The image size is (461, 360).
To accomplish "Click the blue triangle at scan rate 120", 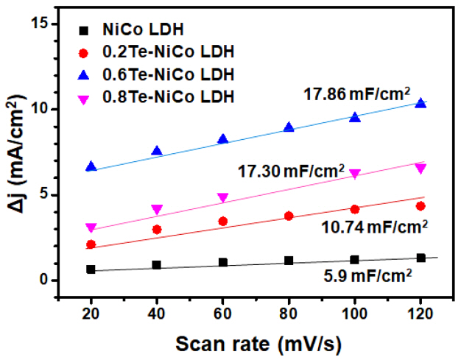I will coord(420,104).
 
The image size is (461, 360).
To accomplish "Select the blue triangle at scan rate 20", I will coord(91,167).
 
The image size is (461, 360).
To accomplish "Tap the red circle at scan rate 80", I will coord(289,216).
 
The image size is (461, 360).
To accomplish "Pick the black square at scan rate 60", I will coord(222,262).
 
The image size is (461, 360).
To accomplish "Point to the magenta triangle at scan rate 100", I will coord(355,174).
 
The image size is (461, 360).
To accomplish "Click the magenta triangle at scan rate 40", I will coord(157,209).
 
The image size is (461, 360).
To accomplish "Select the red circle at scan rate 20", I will coord(91,244).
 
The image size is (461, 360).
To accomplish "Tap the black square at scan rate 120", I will coord(420,258).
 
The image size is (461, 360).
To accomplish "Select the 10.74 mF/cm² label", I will coord(374,225).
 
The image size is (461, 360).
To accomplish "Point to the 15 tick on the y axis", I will coord(41,24).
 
